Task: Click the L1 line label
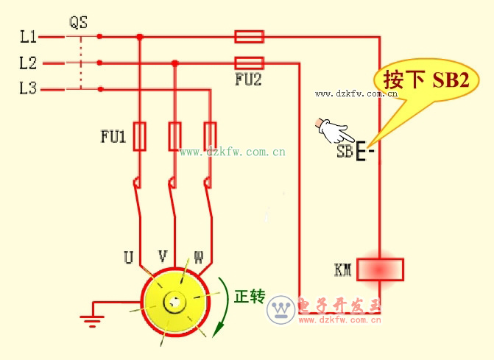tap(27, 36)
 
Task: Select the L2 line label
tap(27, 63)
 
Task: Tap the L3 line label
tap(27, 89)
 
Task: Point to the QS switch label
tap(78, 23)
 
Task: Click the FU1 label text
tap(113, 136)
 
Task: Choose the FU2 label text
tap(248, 80)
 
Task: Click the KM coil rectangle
tap(380, 269)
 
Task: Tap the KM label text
tap(343, 270)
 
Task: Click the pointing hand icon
tap(333, 132)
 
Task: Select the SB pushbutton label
tap(345, 152)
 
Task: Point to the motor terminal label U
tap(128, 258)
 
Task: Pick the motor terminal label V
tap(163, 256)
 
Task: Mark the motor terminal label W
tap(198, 258)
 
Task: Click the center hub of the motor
tap(174, 302)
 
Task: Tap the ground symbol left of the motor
tap(91, 318)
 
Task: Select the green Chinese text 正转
tap(249, 297)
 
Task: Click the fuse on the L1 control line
tap(249, 36)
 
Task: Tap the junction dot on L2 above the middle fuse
tap(174, 63)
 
